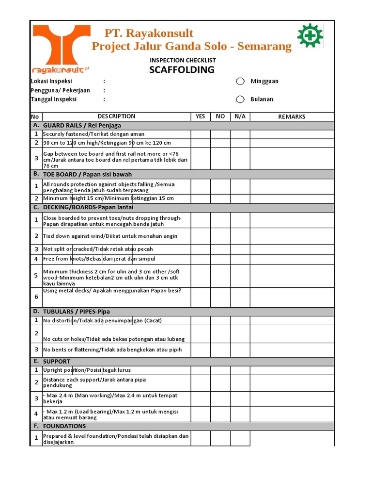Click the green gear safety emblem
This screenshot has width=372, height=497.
(310, 36)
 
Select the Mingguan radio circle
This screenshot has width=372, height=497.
(240, 82)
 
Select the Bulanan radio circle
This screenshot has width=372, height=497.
(240, 99)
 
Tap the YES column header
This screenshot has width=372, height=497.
(200, 116)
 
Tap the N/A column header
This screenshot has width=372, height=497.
(240, 116)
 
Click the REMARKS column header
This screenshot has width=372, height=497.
(292, 116)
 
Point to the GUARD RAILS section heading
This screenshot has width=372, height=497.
(82, 125)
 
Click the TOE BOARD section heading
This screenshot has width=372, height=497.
(87, 174)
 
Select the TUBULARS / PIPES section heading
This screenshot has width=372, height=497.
(80, 312)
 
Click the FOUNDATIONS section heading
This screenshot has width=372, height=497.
(64, 426)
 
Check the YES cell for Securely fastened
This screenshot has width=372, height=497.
(200, 134)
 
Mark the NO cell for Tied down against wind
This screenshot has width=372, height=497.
(220, 236)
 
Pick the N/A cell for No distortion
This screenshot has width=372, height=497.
(240, 321)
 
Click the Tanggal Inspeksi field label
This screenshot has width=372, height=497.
(54, 99)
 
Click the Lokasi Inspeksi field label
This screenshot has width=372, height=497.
(52, 82)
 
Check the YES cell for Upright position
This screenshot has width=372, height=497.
(200, 370)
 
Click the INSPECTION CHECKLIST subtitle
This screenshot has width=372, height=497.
(183, 60)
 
